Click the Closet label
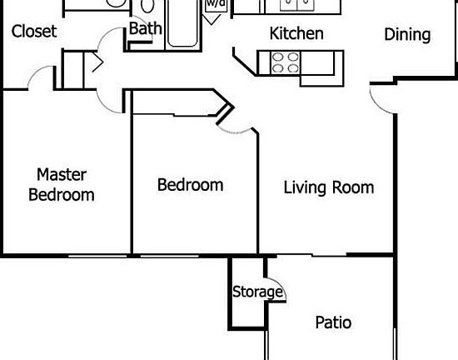click(34, 32)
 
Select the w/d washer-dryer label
click(215, 3)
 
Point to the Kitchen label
click(296, 34)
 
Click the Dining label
click(407, 34)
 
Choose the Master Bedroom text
click(61, 185)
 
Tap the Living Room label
click(329, 187)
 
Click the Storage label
click(257, 292)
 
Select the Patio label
click(333, 322)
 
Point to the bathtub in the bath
click(184, 22)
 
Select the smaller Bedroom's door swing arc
click(238, 125)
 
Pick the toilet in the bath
click(148, 7)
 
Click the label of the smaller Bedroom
click(190, 184)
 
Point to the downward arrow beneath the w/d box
click(214, 17)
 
